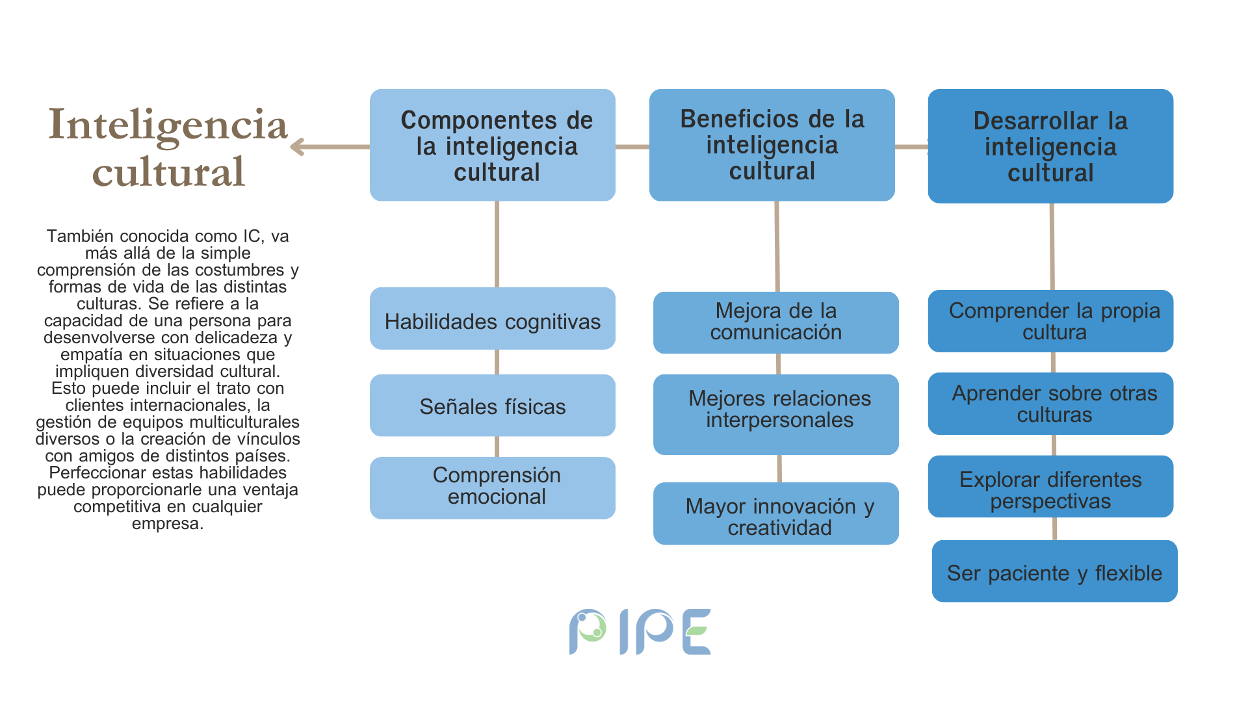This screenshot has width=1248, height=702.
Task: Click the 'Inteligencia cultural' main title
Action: click(168, 148)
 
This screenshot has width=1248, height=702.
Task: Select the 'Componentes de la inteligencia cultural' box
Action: click(493, 145)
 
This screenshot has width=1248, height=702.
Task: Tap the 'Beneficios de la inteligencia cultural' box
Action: click(772, 145)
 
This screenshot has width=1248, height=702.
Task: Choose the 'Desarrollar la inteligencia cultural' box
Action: click(1050, 146)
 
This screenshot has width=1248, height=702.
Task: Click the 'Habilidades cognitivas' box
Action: click(493, 318)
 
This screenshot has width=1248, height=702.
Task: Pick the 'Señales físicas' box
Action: click(493, 405)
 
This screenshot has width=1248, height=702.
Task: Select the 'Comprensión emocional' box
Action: click(493, 488)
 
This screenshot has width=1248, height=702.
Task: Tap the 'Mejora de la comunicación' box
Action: click(776, 322)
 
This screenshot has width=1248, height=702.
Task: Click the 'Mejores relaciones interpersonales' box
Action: click(776, 415)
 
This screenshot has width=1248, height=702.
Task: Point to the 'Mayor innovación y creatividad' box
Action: click(776, 513)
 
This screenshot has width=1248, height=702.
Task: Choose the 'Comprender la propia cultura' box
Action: click(1050, 321)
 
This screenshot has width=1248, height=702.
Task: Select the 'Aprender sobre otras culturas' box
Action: click(1050, 404)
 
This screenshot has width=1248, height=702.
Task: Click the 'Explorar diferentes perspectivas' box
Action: click(1050, 486)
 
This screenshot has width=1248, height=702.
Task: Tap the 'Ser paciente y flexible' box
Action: click(1055, 571)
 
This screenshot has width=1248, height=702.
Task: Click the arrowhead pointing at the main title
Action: click(296, 147)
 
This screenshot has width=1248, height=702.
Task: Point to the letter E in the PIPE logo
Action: click(697, 632)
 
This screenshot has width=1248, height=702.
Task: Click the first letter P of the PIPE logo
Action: click(587, 630)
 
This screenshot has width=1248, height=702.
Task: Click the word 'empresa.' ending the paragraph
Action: click(168, 524)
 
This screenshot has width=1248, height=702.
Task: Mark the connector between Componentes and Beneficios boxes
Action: click(632, 147)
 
